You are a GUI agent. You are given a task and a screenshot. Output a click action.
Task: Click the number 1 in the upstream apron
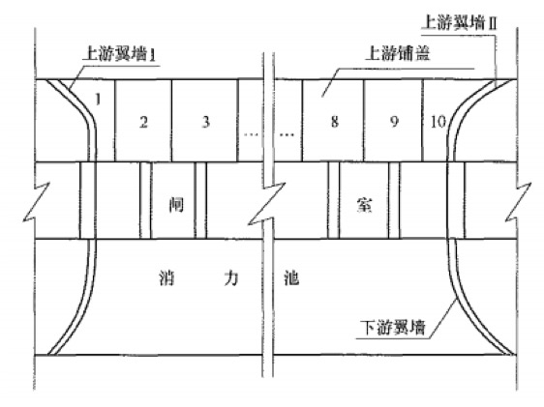coord(98,100)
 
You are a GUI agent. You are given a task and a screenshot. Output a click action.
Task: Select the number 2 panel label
coord(143,122)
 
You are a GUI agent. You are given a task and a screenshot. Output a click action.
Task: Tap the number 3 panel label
coord(206,122)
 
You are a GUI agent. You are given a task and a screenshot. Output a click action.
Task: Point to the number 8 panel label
coord(335,122)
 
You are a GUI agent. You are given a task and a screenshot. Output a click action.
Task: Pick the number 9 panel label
coord(394,122)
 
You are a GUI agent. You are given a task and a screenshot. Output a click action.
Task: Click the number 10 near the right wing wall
coord(438,122)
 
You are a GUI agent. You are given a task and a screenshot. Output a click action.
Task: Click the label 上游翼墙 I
coord(119,54)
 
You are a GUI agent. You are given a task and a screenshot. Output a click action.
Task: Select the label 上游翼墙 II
coord(459,23)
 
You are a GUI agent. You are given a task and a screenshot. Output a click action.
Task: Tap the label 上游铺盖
coord(398,54)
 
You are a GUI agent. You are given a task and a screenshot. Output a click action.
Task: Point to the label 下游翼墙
coord(393,328)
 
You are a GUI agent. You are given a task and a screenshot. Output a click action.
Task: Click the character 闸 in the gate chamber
coord(176,204)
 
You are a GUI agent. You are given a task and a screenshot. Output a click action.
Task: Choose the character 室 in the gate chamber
coord(364,204)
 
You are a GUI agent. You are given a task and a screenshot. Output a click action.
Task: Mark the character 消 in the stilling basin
coord(166,277)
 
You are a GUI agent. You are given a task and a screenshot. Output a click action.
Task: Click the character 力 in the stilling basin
coord(231,277)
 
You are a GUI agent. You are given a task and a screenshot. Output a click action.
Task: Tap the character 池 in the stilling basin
coord(291,277)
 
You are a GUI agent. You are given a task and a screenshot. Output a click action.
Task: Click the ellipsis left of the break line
coord(251,134)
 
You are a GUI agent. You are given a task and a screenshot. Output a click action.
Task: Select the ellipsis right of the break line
coord(287,134)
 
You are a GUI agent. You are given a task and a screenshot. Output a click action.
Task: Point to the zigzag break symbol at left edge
coord(36,202)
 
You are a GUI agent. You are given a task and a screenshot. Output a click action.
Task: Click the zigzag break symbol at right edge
coord(518,202)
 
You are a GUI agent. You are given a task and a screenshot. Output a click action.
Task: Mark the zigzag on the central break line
coord(267,204)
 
